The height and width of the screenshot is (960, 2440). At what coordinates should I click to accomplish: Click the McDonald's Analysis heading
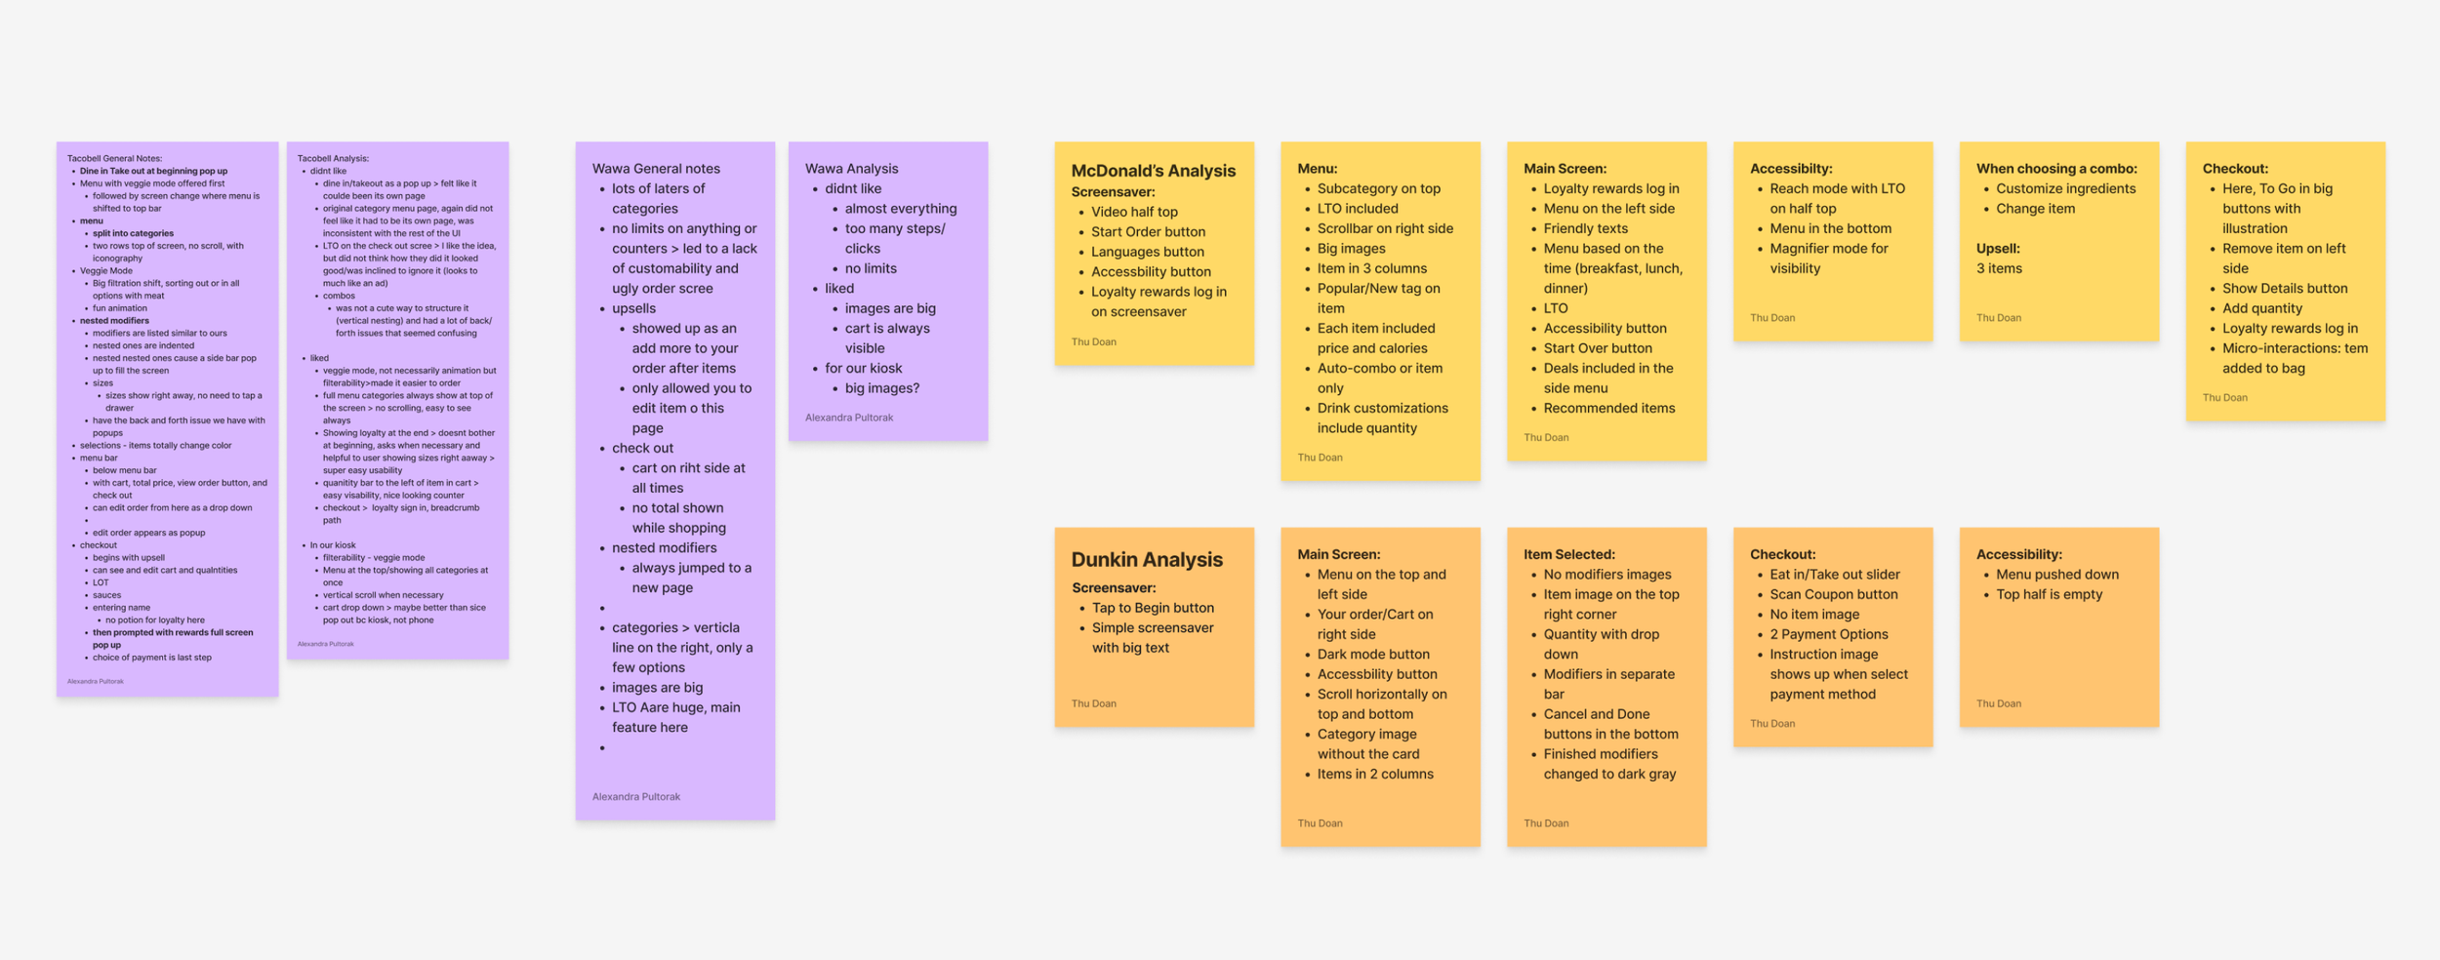tap(1153, 171)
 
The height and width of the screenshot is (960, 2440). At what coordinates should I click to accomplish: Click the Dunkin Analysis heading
tap(1146, 559)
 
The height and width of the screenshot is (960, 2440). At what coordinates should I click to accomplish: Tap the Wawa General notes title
tap(656, 169)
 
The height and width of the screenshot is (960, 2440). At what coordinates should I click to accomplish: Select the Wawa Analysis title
tap(851, 169)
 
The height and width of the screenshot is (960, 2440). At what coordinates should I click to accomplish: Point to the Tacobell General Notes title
tap(114, 158)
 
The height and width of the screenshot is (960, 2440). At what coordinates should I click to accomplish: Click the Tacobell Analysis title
tap(333, 158)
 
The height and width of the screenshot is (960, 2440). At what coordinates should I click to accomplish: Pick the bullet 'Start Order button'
tap(1148, 232)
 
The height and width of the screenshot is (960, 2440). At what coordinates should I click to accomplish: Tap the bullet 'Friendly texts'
tap(1585, 228)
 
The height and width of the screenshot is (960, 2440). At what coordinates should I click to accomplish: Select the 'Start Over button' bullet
tap(1598, 348)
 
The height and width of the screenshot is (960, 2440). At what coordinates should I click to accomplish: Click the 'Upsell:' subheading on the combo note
tap(1998, 249)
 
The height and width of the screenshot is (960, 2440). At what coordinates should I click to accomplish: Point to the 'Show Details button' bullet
tap(2285, 289)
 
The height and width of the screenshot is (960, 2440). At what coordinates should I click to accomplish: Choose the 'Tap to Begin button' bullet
tap(1153, 608)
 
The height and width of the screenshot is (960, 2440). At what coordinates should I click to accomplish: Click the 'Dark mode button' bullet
tap(1373, 655)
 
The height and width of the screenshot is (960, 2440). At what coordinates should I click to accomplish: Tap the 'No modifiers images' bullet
tap(1607, 575)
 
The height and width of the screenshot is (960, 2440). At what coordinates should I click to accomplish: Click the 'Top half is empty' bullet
tap(2050, 594)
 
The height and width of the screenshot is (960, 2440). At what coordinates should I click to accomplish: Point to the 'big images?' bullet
tap(882, 388)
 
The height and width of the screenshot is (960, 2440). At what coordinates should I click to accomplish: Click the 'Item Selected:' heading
tap(1568, 554)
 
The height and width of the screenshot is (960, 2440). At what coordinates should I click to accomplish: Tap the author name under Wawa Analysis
tap(849, 418)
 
